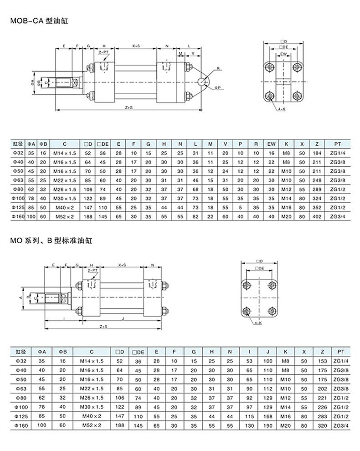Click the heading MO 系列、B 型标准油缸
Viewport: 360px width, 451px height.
[x=51, y=240]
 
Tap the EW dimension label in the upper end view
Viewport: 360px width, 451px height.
[x=283, y=54]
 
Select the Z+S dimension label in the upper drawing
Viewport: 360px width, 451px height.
[x=129, y=108]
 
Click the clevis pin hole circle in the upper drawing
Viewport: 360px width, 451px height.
[x=202, y=82]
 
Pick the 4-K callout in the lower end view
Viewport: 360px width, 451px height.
[x=257, y=323]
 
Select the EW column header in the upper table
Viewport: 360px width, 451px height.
[x=272, y=143]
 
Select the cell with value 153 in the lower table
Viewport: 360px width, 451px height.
[x=322, y=361]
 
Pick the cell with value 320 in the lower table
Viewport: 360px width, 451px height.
[x=322, y=425]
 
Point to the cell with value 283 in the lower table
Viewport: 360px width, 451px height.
[x=322, y=416]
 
